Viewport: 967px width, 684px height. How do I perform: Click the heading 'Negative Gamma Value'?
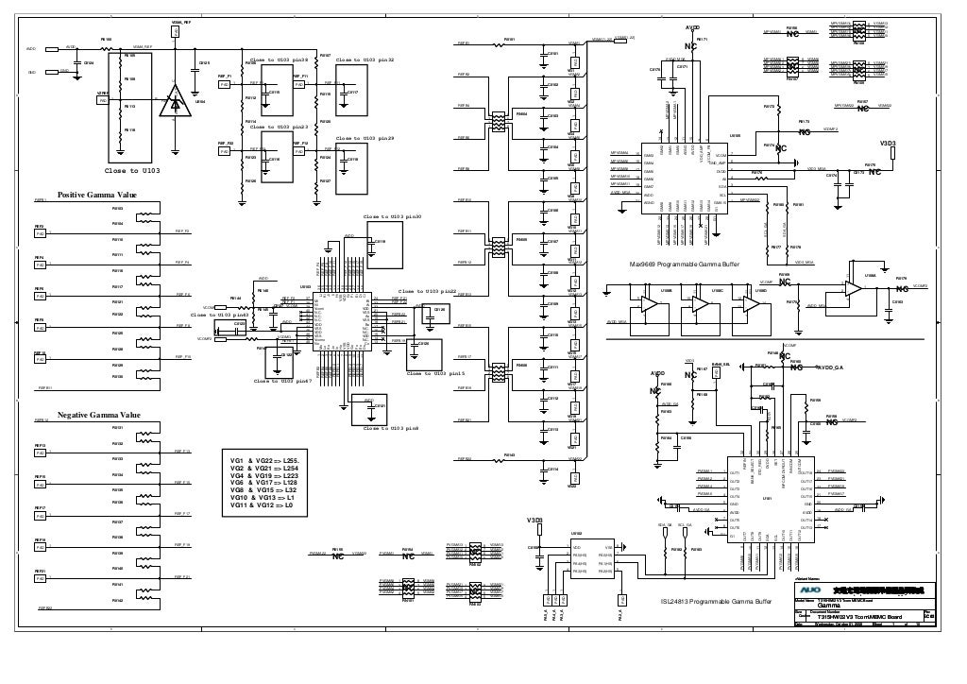pos(99,415)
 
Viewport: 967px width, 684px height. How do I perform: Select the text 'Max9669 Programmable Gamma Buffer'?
pos(685,265)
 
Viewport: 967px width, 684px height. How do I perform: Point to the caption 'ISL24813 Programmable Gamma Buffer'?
pos(720,602)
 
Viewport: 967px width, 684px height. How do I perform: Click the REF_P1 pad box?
pos(224,84)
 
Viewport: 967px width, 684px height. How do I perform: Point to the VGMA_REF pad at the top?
pos(176,32)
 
